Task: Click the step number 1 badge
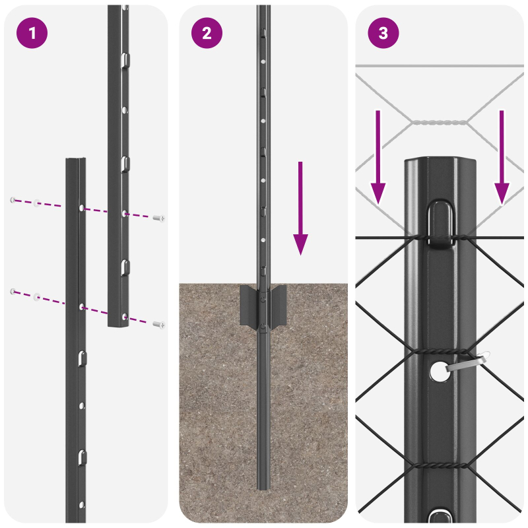click(32, 33)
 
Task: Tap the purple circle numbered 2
click(207, 33)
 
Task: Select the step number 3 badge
click(383, 33)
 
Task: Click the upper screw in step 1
click(158, 218)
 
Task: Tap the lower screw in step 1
click(158, 324)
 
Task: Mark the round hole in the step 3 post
click(437, 372)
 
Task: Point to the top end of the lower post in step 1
click(75, 161)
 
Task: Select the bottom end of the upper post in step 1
click(118, 324)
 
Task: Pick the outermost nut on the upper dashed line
click(13, 199)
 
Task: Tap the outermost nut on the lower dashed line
click(13, 290)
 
